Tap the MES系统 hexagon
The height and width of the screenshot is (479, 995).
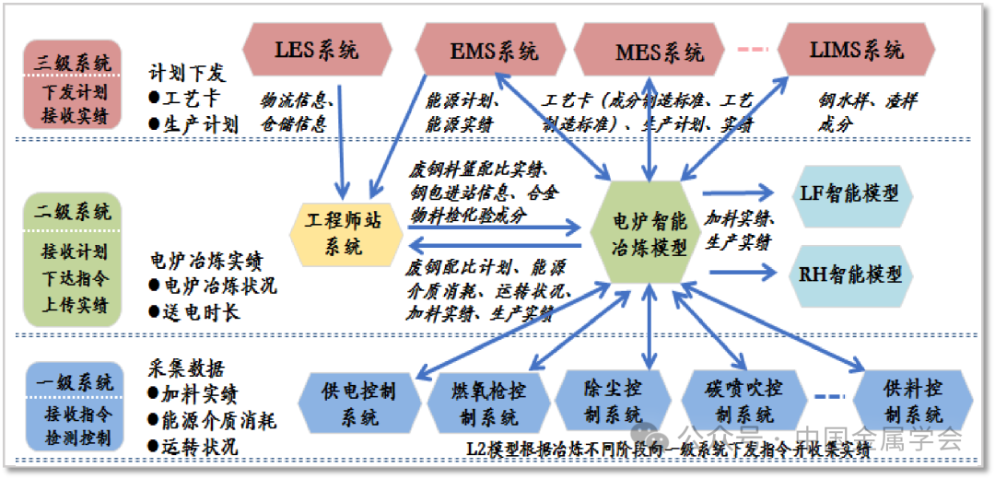[659, 51]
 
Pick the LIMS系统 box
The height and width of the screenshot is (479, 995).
[857, 50]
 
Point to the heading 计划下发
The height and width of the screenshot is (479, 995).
[187, 73]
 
